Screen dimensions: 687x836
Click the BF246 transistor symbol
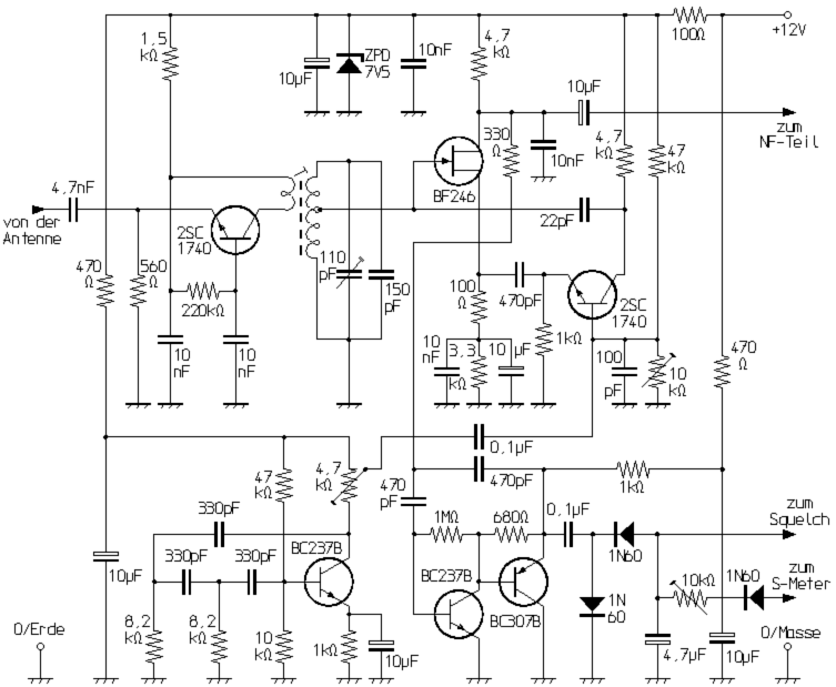pos(458,161)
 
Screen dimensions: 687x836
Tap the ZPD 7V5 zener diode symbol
pos(349,64)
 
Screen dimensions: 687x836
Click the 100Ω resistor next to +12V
pos(689,14)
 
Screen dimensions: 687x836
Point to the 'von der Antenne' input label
pos(32,230)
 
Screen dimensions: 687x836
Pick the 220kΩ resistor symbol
pos(203,290)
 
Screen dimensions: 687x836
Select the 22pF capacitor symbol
pos(584,210)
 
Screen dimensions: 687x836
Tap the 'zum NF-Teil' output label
pos(789,135)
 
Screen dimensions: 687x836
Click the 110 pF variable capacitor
pos(349,273)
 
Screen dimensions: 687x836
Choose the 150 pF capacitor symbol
pos(381,274)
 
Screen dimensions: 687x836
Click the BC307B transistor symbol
pos(523,582)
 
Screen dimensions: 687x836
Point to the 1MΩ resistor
pos(446,534)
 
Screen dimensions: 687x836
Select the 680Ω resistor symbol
pos(511,534)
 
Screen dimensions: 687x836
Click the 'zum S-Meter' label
pos(800,576)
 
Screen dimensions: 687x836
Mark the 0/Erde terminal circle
pos(40,647)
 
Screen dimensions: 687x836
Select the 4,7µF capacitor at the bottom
pos(658,639)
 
